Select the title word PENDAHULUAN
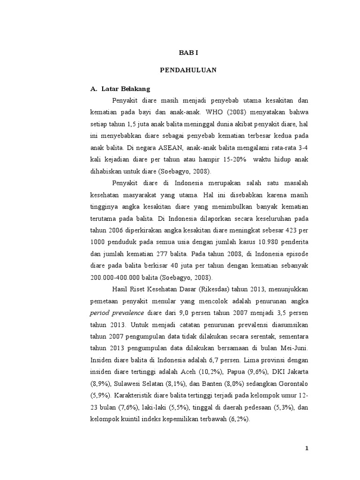tap(188, 70)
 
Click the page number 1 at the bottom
tap(307, 449)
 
